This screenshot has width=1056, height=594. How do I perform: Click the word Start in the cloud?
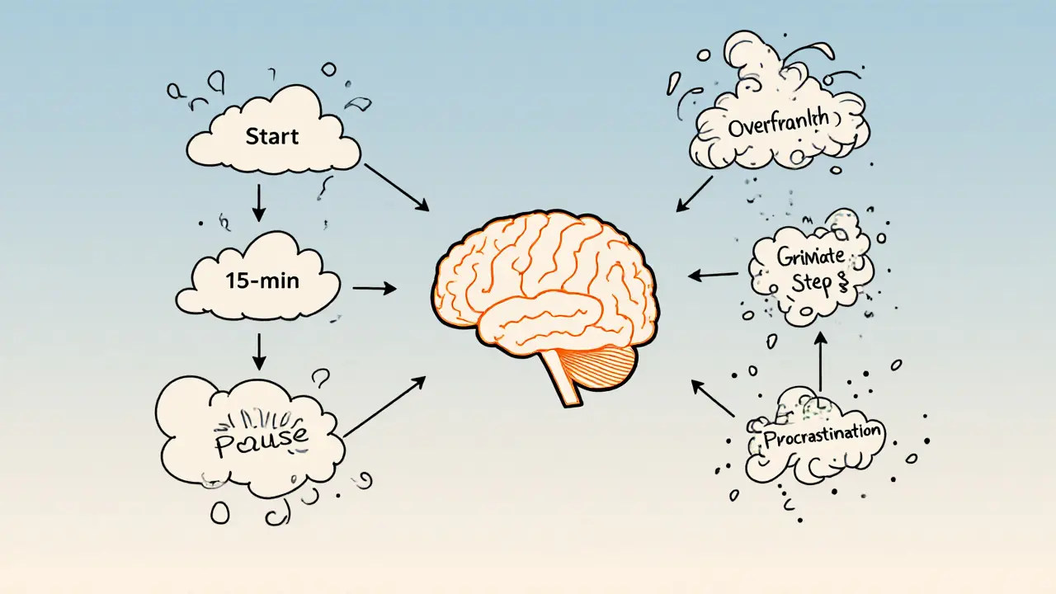271,137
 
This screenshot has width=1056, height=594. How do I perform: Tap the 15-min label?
262,280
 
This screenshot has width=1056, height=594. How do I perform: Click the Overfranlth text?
779,125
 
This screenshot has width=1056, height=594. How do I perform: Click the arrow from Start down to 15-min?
258,202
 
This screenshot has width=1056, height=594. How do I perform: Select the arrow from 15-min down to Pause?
258,351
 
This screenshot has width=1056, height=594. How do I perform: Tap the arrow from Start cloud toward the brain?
395,186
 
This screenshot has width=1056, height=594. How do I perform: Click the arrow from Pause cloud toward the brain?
384,406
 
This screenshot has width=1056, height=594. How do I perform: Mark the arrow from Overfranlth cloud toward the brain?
695,193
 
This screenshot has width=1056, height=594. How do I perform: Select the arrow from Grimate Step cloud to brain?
714,275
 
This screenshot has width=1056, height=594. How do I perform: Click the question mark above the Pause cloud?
320,379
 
